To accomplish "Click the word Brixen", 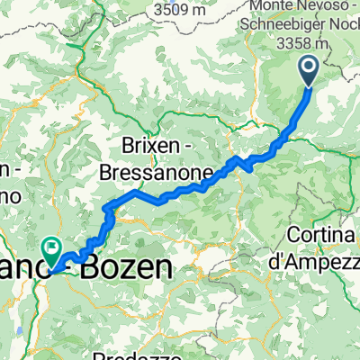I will pos(153,146).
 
